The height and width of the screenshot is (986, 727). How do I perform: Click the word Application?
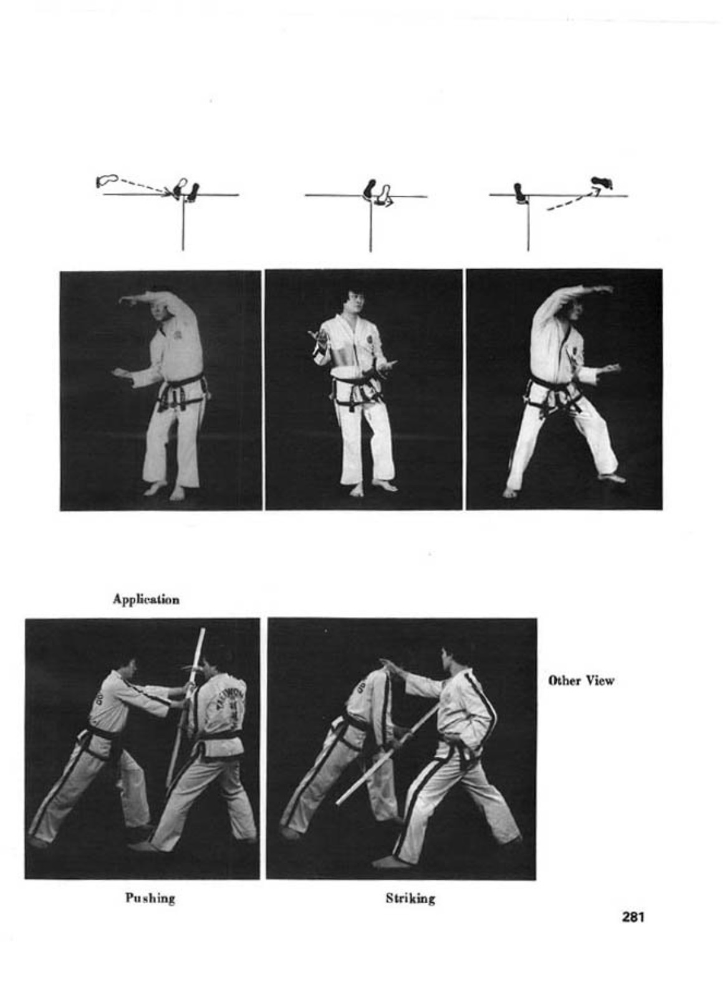(146, 600)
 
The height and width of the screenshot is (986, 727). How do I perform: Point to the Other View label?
(580, 681)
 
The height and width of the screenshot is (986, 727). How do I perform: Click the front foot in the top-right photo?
(613, 478)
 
